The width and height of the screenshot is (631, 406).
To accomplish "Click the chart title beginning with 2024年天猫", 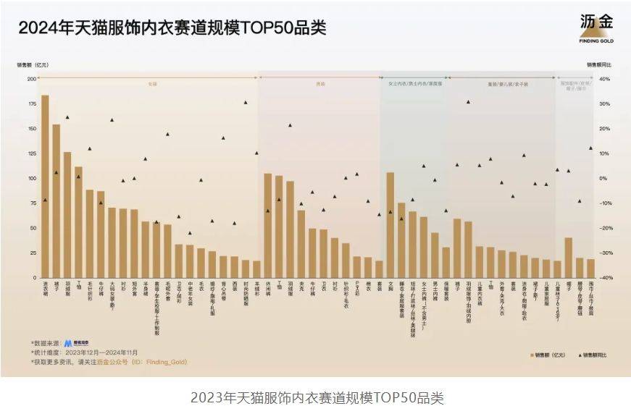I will (172, 28).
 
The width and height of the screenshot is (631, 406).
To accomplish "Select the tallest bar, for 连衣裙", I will (45, 186).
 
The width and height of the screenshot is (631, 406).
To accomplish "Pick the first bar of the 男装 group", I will (267, 225).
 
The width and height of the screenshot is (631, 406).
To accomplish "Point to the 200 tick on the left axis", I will (32, 79).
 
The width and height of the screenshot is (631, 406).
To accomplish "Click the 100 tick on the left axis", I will (32, 178).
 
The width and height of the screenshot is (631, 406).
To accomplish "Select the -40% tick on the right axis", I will (606, 278).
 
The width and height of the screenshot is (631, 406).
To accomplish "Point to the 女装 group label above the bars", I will (152, 84).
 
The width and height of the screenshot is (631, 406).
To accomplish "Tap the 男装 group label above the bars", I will (320, 84).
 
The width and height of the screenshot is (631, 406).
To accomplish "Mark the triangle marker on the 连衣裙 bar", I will (45, 200).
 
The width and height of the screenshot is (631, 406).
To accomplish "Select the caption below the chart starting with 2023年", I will (317, 397).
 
